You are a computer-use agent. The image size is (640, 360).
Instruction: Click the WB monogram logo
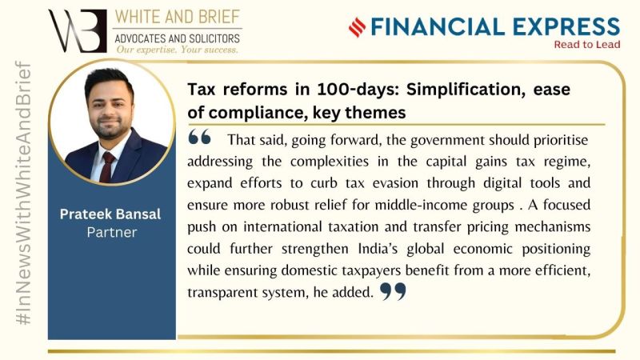click(x=77, y=30)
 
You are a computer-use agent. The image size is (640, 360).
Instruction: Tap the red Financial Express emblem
click(x=357, y=27)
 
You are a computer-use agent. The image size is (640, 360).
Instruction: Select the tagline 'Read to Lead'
click(x=587, y=45)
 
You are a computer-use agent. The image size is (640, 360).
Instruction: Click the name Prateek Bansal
click(x=110, y=214)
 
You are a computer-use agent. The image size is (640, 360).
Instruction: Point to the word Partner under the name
click(x=112, y=232)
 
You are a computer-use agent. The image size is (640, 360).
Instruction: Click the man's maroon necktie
click(x=107, y=166)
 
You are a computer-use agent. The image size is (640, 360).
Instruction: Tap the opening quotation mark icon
click(x=199, y=137)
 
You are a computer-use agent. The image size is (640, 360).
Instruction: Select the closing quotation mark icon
click(x=393, y=291)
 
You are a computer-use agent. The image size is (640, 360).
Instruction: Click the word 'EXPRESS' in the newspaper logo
click(x=566, y=26)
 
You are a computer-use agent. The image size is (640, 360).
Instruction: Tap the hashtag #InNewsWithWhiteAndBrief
click(x=23, y=193)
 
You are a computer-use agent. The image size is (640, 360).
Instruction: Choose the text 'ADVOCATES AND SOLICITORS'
click(x=177, y=38)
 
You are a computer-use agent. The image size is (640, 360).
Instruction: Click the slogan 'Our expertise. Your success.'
click(x=177, y=50)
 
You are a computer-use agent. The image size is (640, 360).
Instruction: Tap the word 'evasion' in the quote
click(x=395, y=183)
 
